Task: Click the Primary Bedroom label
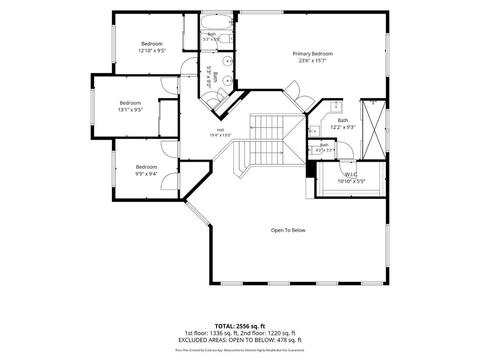pyautogui.click(x=313, y=54)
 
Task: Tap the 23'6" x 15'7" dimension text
pyautogui.click(x=313, y=60)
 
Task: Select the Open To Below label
pyautogui.click(x=288, y=230)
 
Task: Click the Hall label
pyautogui.click(x=220, y=130)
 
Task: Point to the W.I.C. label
pyautogui.click(x=351, y=174)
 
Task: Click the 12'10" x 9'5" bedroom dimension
pyautogui.click(x=152, y=51)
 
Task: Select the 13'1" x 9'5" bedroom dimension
pyautogui.click(x=130, y=110)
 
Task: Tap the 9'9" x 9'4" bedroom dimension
pyautogui.click(x=146, y=174)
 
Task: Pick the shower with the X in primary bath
pyautogui.click(x=374, y=130)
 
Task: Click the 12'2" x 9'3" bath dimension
pyautogui.click(x=343, y=127)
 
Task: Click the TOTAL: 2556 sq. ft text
pyautogui.click(x=240, y=326)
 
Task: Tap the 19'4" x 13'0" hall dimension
pyautogui.click(x=220, y=135)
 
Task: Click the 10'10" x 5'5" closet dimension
pyautogui.click(x=352, y=181)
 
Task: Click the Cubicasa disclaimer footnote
pyautogui.click(x=240, y=350)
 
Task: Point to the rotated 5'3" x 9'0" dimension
pyautogui.click(x=209, y=77)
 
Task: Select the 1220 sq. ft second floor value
pyautogui.click(x=282, y=333)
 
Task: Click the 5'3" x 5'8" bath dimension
pyautogui.click(x=211, y=39)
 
